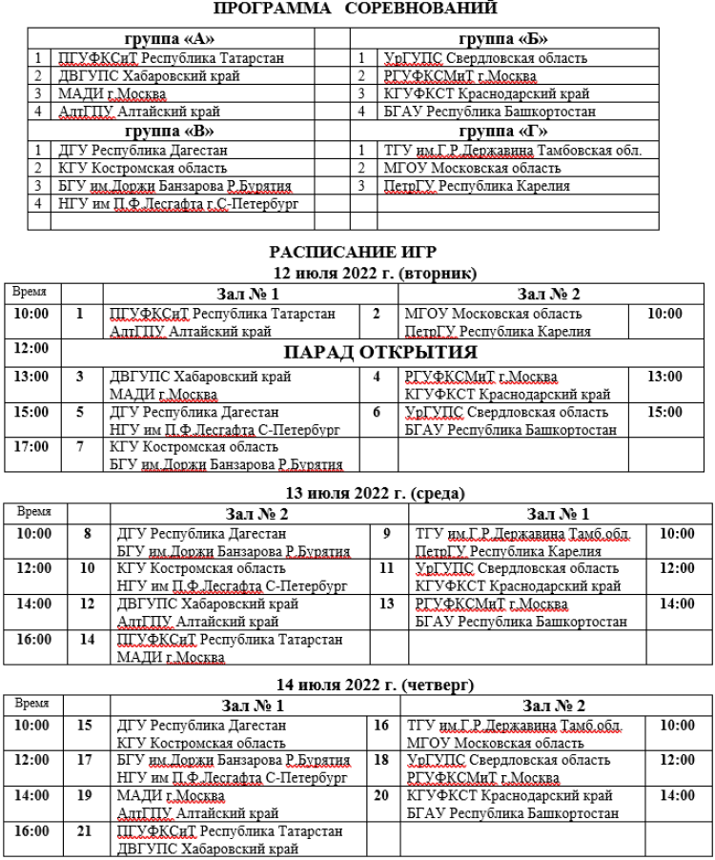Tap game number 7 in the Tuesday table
(80, 445)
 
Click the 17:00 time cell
(31, 445)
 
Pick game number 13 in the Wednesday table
(387, 604)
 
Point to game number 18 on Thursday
(381, 760)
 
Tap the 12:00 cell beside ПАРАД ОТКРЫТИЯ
(31, 350)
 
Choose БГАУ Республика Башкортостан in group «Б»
(490, 112)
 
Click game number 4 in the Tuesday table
(377, 377)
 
